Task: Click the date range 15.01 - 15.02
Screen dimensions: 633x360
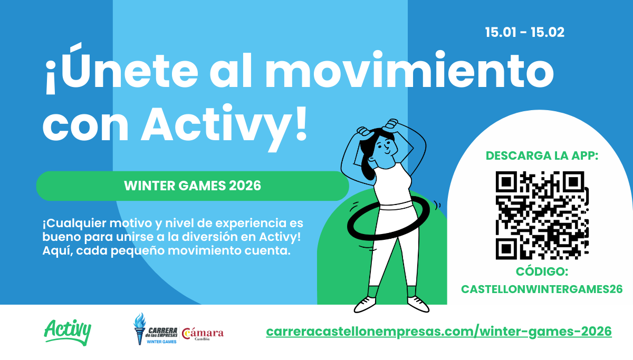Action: pos(525,32)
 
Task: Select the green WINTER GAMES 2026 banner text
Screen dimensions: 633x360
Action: pos(193,186)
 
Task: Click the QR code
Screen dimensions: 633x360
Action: pos(542,215)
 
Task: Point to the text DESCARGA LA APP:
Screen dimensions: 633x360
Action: pos(542,155)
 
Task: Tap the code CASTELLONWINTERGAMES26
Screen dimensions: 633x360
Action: pos(542,289)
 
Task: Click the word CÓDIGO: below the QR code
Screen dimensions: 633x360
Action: pos(542,271)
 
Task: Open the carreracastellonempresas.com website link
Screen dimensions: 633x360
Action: pos(439,332)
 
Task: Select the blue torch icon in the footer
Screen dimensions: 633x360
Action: pos(140,328)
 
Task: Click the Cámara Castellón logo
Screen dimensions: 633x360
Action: pos(203,334)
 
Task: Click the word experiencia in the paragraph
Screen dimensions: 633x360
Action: pos(252,223)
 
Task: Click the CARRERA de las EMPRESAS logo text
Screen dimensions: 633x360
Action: pos(162,333)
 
